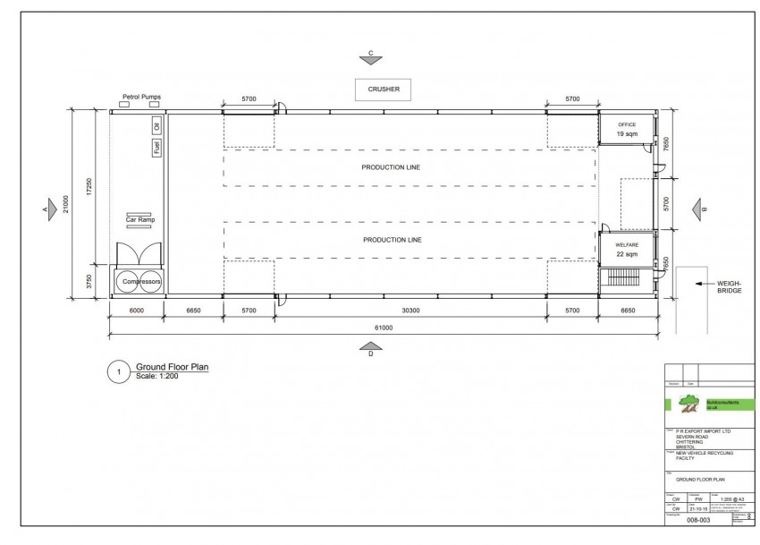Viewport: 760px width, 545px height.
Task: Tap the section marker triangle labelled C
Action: (371, 60)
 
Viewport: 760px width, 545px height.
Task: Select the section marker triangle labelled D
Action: (369, 346)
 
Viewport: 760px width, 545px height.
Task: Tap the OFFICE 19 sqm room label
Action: (626, 130)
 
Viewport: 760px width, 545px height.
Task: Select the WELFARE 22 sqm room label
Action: (626, 250)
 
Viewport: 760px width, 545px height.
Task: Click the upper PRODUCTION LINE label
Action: (391, 167)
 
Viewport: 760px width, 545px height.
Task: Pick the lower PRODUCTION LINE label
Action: (391, 240)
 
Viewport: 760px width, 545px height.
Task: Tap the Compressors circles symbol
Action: (137, 281)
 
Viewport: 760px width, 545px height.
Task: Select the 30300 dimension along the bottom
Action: (410, 311)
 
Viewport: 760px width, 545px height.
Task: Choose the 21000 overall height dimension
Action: (64, 202)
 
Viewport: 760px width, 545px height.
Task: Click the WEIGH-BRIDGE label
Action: (729, 287)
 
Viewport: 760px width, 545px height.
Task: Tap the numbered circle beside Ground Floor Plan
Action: (118, 372)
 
